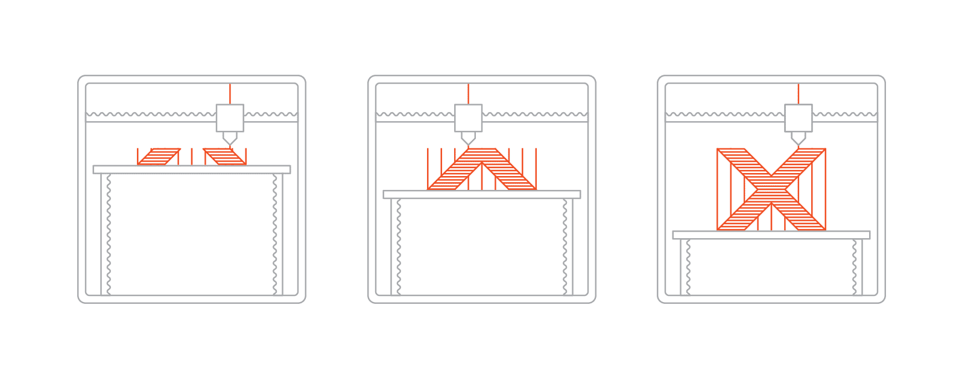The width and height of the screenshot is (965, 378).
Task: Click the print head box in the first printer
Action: click(x=230, y=118)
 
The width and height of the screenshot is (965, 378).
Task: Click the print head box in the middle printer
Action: click(x=468, y=118)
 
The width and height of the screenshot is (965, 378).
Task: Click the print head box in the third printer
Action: click(x=798, y=118)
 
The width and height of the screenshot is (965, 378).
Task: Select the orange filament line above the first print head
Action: click(x=230, y=93)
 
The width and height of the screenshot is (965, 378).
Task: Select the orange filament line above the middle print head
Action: click(x=468, y=93)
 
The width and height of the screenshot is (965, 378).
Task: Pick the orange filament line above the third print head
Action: click(x=798, y=93)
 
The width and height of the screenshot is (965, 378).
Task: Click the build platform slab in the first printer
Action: click(x=192, y=169)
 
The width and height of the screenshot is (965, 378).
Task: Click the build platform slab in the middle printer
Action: click(x=482, y=194)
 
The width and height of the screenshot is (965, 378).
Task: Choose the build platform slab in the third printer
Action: click(x=771, y=235)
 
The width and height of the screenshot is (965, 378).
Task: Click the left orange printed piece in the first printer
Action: click(x=159, y=156)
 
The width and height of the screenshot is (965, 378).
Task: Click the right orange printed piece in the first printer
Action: click(x=224, y=156)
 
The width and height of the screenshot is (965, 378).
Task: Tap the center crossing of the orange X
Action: click(x=771, y=189)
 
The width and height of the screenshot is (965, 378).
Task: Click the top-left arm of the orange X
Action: click(x=738, y=159)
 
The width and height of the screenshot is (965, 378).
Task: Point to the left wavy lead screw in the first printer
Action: click(x=109, y=235)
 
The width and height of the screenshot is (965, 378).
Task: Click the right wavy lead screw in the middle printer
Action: click(x=565, y=247)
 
